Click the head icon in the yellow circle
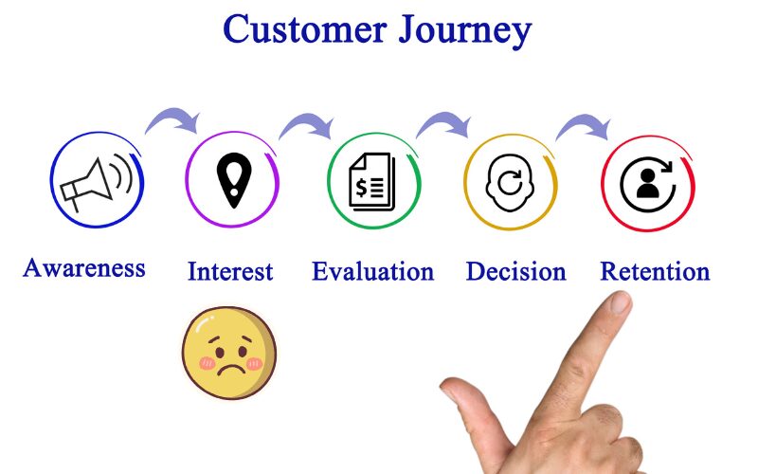[509, 181]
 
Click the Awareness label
[84, 267]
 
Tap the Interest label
[230, 271]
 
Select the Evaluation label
[372, 271]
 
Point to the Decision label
[515, 271]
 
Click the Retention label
[655, 271]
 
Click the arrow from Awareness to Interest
[172, 118]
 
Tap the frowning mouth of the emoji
[228, 368]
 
